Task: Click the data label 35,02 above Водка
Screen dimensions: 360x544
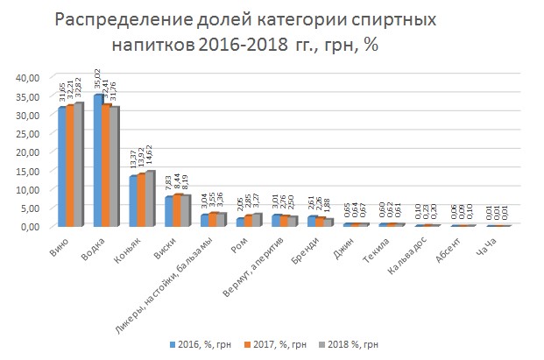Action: [96, 80]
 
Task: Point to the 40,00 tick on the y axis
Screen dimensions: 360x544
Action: [27, 77]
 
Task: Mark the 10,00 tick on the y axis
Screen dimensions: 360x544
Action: [27, 189]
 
